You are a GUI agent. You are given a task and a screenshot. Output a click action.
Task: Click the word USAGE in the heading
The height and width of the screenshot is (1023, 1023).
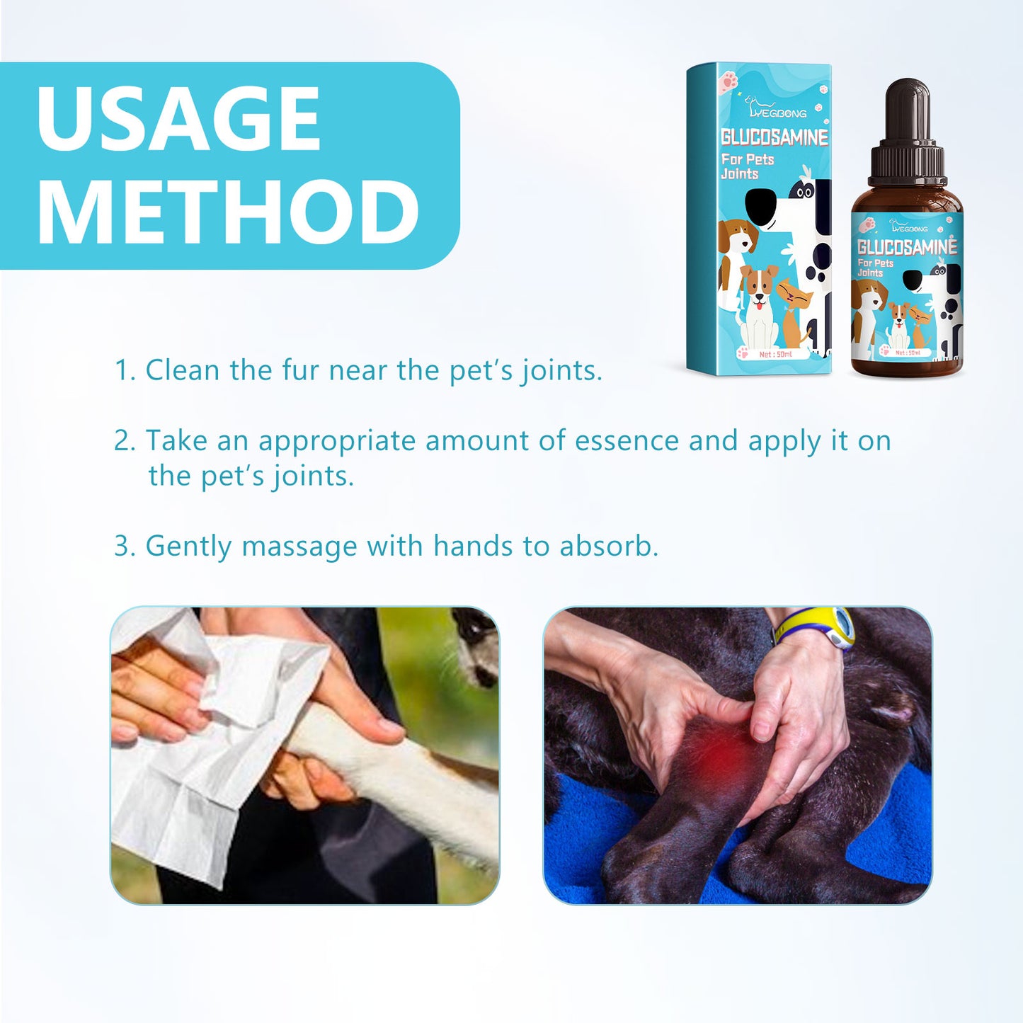[178, 118]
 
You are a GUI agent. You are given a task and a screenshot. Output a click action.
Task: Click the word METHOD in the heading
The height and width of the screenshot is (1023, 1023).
[228, 212]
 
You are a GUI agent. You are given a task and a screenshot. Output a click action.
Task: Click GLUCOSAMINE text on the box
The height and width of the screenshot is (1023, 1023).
[774, 137]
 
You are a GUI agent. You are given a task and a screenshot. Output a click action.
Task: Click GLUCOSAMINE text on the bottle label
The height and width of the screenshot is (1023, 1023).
[906, 247]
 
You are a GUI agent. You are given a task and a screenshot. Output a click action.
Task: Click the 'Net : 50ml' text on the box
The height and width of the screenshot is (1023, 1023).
[775, 354]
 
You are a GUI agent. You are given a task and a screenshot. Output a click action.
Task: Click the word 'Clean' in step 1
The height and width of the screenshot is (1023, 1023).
[183, 370]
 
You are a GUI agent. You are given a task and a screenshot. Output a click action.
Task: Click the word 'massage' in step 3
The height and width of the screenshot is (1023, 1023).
[299, 547]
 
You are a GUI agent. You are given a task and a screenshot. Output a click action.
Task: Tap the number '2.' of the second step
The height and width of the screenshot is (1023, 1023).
[125, 440]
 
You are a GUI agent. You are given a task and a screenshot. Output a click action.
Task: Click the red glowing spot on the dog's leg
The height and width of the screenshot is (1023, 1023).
[716, 747]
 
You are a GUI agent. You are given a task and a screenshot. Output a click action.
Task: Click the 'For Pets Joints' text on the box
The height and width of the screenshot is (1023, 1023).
[747, 166]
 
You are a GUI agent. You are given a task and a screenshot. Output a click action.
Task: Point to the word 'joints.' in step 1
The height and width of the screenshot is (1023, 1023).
[562, 370]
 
